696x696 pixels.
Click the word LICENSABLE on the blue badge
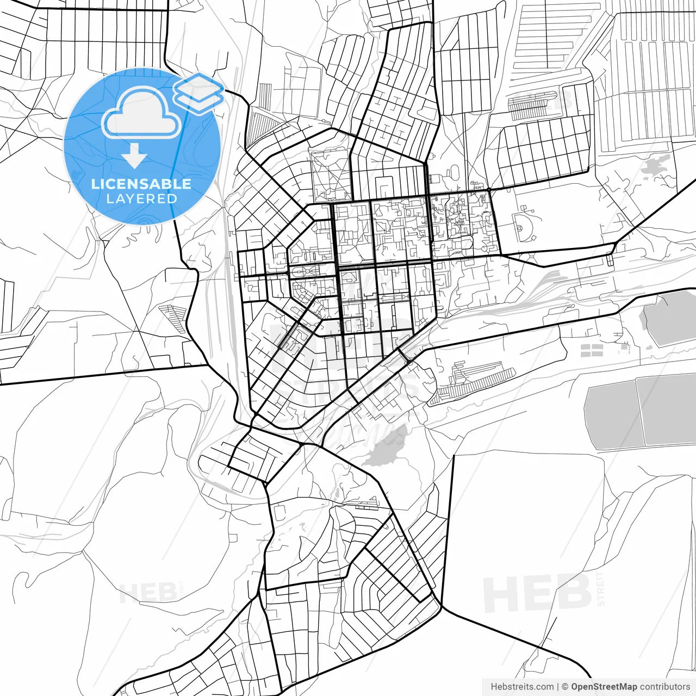pos(141,184)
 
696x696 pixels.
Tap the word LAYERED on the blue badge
pos(141,199)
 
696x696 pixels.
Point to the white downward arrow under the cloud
pos(134,157)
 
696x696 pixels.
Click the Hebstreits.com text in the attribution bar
pos(522,687)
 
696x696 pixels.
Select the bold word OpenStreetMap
pos(604,687)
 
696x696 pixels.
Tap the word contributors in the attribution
pos(664,687)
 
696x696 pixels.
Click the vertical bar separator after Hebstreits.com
pos(558,687)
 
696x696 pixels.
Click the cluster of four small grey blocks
pos(592,350)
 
